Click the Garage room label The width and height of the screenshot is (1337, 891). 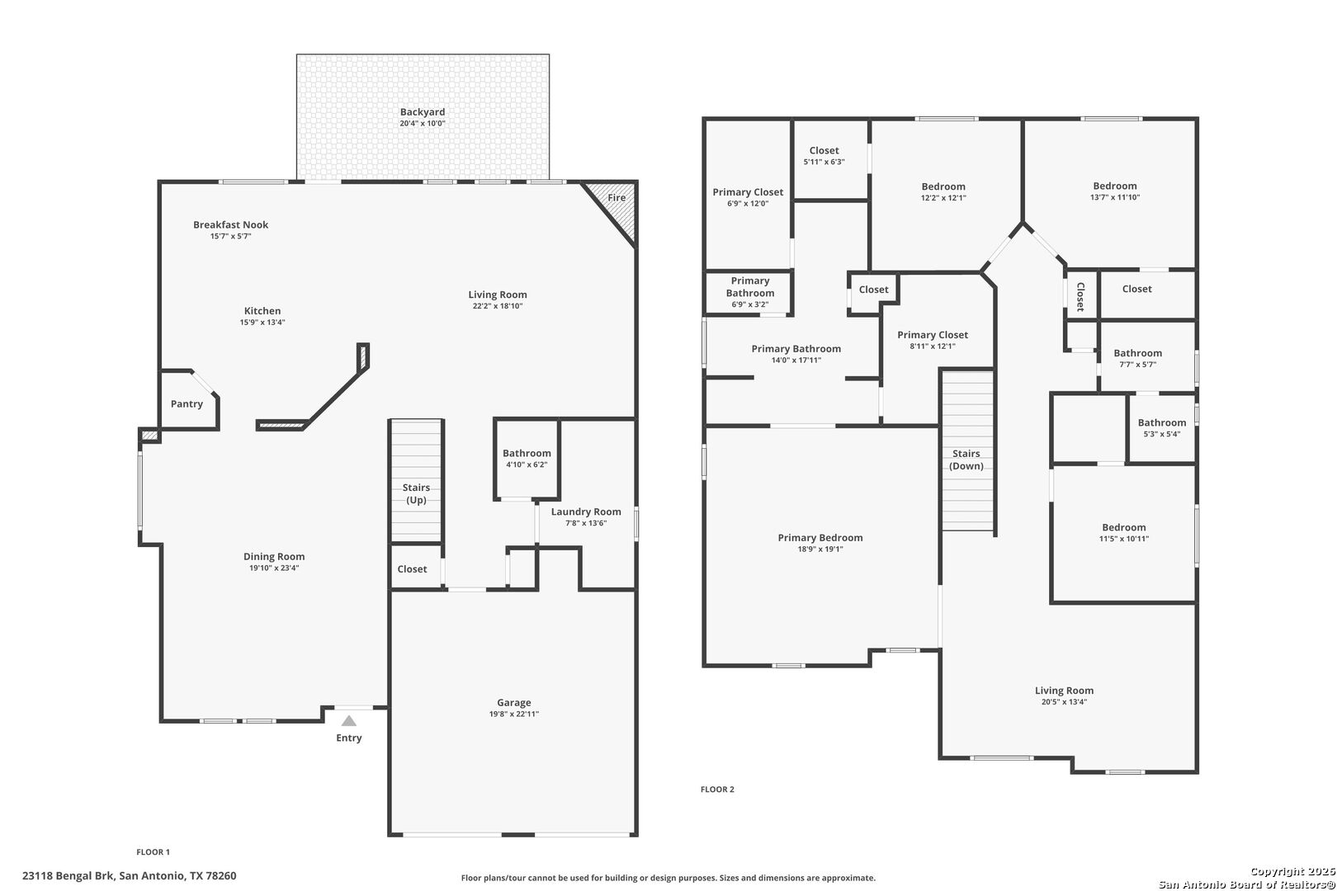click(x=514, y=702)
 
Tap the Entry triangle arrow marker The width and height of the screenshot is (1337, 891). click(x=349, y=721)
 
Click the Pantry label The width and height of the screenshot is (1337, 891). click(x=187, y=404)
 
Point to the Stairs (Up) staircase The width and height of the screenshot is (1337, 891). click(x=416, y=481)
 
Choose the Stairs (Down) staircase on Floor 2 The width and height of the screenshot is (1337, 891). click(x=967, y=450)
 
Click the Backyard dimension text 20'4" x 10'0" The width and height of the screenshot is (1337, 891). click(x=423, y=124)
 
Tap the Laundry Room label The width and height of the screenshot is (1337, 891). click(x=586, y=511)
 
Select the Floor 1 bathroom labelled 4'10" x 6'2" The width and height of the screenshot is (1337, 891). click(x=527, y=459)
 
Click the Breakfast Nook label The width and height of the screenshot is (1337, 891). click(x=230, y=224)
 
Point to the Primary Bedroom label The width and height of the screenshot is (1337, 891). click(x=820, y=538)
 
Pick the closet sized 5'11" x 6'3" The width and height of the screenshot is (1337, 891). click(x=830, y=160)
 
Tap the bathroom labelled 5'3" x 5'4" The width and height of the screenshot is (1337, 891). click(x=1161, y=428)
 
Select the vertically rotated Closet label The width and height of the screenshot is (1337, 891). click(x=1080, y=297)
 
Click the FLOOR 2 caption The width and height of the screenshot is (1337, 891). click(x=717, y=789)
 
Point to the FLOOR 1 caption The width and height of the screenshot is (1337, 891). click(x=154, y=851)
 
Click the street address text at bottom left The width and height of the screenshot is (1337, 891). click(x=130, y=875)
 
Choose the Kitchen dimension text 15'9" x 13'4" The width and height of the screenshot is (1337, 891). click(x=262, y=323)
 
